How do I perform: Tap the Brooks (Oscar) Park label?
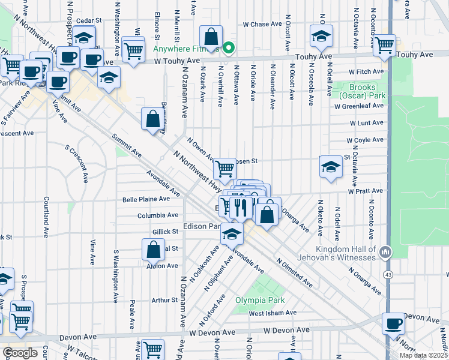tap(358, 91)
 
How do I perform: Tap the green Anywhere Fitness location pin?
tap(228, 47)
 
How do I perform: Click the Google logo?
tap(20, 352)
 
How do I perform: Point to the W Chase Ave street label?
tap(262, 25)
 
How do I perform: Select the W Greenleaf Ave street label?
tap(359, 106)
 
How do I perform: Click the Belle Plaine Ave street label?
tap(142, 199)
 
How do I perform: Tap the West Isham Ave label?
tap(273, 313)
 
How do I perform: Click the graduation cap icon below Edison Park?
tap(231, 234)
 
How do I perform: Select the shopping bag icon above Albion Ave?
tap(154, 248)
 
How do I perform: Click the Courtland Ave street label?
tap(46, 214)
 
